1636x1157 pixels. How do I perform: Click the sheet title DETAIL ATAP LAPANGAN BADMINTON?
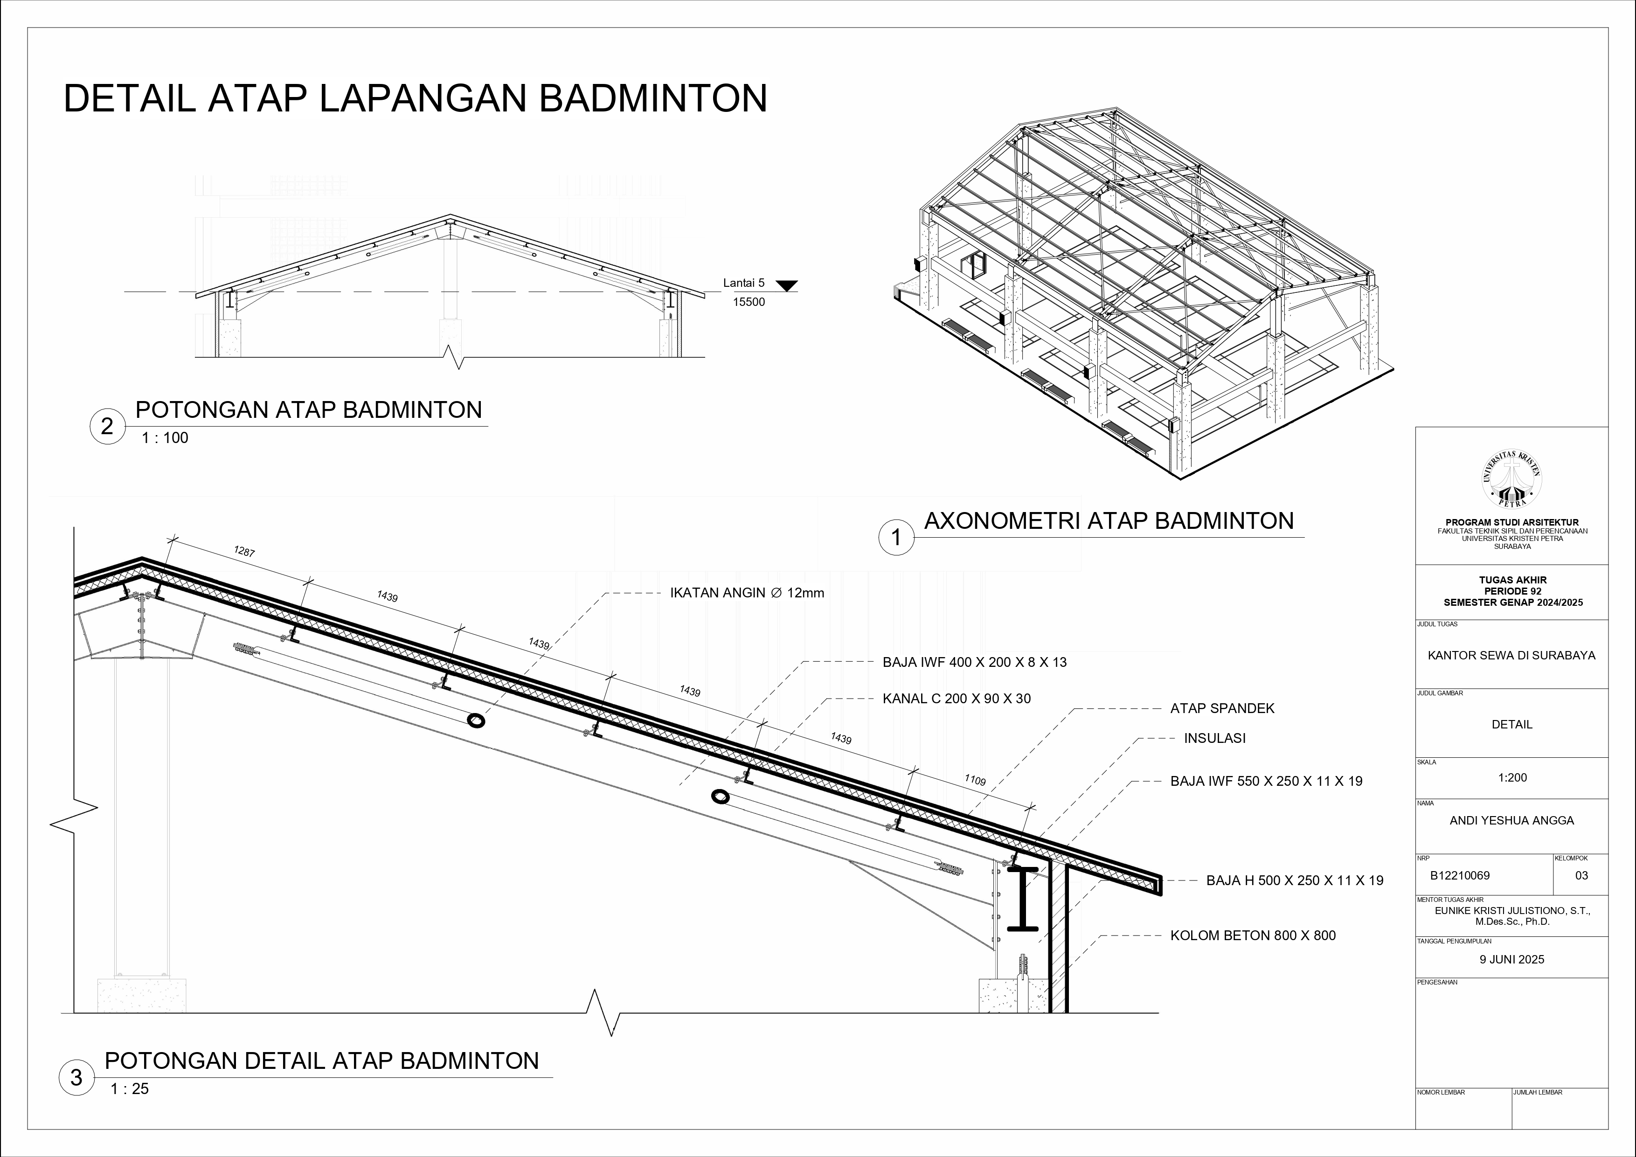point(416,98)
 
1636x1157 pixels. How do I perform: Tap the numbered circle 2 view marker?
point(108,427)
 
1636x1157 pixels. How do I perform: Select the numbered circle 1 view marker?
point(896,538)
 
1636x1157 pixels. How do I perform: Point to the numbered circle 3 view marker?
point(76,1078)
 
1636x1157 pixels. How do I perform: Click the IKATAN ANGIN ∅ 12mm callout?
point(747,593)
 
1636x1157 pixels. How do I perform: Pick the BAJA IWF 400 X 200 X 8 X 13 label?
point(975,662)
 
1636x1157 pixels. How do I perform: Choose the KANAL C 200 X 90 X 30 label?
point(956,699)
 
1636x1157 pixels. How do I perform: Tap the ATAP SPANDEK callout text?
point(1222,708)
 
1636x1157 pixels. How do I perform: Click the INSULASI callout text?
point(1215,738)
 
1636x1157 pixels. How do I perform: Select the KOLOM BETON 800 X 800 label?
point(1253,935)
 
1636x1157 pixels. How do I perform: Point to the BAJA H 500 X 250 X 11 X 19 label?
point(1295,880)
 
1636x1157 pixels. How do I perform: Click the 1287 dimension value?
point(244,551)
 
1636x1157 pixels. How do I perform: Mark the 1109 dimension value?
point(975,781)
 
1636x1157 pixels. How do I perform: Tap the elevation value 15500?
point(749,302)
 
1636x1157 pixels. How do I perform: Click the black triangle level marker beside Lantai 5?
point(787,286)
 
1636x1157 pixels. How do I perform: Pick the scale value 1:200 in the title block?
point(1512,777)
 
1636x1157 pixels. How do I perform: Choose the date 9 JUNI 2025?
point(1512,959)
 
